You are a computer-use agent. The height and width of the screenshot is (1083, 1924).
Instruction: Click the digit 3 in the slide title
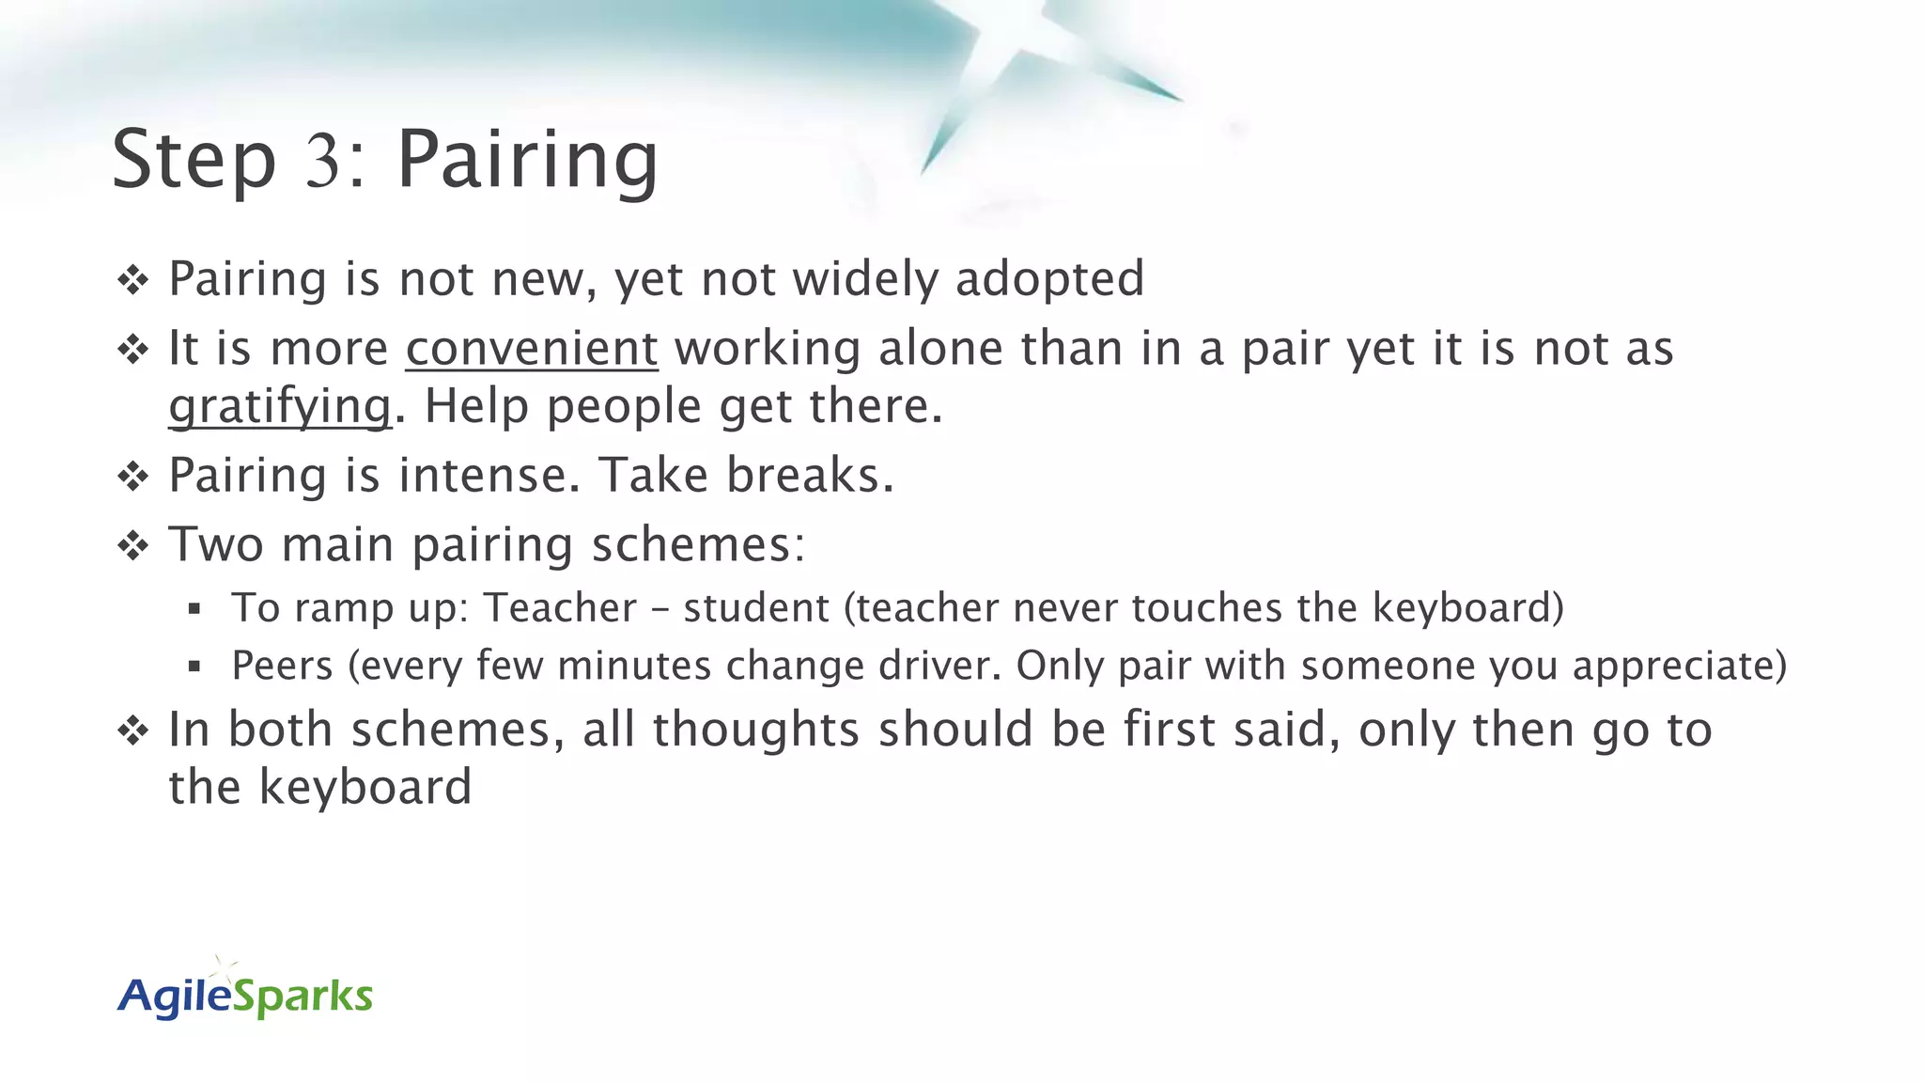(322, 160)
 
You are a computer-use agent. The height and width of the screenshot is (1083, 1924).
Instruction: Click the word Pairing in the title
(527, 160)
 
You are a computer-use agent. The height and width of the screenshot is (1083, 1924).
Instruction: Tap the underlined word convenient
(532, 349)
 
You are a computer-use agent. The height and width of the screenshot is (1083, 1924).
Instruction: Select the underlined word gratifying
(280, 407)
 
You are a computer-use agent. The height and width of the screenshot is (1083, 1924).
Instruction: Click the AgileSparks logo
(245, 994)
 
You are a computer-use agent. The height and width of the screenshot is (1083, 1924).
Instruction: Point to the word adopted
(1049, 279)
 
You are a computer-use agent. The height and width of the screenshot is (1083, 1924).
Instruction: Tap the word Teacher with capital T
(560, 608)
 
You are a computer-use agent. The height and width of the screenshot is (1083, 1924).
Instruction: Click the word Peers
(282, 666)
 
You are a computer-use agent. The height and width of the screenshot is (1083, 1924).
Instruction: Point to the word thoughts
(756, 730)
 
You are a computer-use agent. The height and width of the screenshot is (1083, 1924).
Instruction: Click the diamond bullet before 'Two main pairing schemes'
(133, 545)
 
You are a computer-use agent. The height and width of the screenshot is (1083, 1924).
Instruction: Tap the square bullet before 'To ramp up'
(194, 609)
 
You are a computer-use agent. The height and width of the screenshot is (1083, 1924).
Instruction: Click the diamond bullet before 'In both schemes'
(133, 730)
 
